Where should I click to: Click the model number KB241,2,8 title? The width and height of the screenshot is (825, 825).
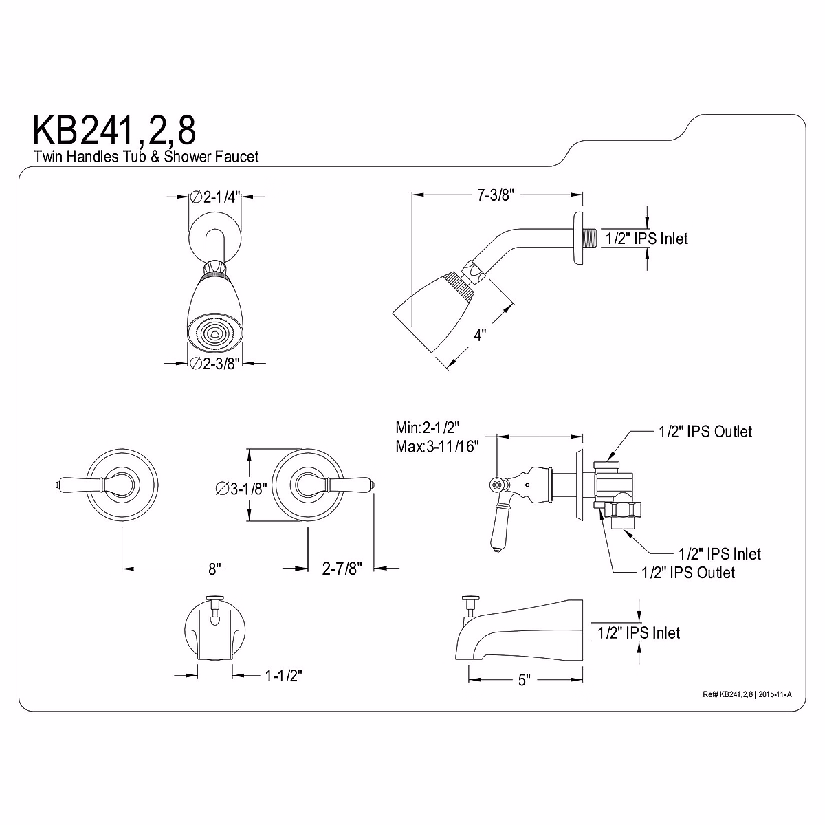[114, 129]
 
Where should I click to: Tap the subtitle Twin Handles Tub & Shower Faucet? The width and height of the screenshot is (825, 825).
[146, 157]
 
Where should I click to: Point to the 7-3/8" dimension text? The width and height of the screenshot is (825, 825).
[496, 195]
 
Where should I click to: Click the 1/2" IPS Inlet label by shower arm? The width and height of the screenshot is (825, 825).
[646, 239]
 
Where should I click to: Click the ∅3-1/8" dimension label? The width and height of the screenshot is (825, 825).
[240, 489]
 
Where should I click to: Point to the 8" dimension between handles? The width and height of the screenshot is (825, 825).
[214, 569]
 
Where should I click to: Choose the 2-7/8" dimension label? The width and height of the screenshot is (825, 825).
[342, 569]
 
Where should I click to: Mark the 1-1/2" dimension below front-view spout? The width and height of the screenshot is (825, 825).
[284, 676]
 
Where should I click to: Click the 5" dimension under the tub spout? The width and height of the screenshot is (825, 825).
[525, 680]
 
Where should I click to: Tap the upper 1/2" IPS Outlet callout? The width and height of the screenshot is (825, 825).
[705, 432]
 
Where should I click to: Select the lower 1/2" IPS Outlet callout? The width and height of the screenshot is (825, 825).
[687, 572]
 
